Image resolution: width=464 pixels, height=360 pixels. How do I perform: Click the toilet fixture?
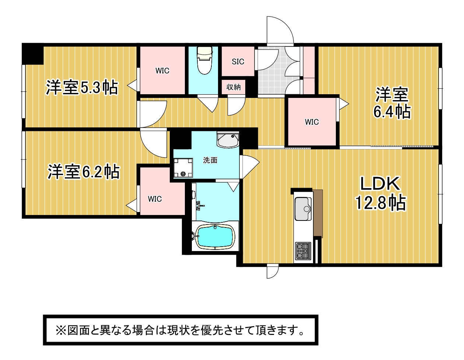(204, 60)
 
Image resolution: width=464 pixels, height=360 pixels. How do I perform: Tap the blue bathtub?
(215, 237)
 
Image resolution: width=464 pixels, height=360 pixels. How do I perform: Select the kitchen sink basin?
(303, 209)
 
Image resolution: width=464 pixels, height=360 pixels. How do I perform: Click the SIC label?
(238, 62)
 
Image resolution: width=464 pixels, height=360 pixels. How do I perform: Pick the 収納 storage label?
(233, 87)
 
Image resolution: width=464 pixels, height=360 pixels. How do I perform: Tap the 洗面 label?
(210, 160)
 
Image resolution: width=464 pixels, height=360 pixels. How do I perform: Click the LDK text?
(380, 184)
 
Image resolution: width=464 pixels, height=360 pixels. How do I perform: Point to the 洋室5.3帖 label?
(82, 88)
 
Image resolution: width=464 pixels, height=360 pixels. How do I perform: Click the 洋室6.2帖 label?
(84, 172)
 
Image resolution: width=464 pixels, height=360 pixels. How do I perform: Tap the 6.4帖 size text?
(392, 111)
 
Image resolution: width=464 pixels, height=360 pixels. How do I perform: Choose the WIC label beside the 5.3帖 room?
(162, 71)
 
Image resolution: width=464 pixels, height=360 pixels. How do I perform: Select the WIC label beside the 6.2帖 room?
(155, 199)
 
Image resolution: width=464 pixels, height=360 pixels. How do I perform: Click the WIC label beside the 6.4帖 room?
(312, 122)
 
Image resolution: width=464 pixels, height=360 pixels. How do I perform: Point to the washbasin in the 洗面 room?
(228, 140)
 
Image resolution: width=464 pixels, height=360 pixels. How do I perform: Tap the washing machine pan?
(183, 168)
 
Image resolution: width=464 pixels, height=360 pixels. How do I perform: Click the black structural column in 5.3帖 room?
(33, 54)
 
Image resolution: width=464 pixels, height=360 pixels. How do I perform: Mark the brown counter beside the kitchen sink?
(317, 213)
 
